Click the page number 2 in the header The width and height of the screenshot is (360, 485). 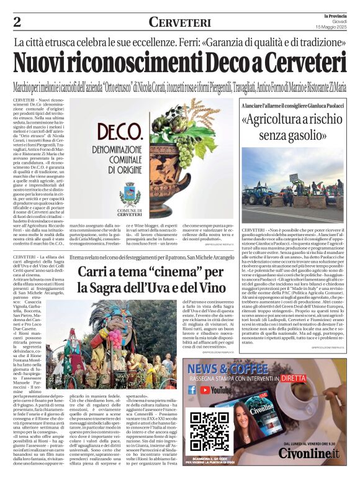17,22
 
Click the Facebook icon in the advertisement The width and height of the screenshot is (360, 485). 192,390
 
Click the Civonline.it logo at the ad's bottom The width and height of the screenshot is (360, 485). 308,453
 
